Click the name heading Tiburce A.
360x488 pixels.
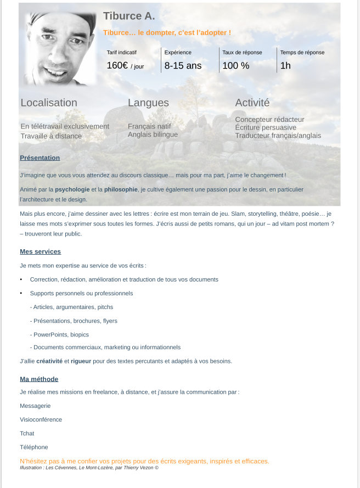(x=129, y=15)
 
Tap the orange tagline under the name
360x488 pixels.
(x=167, y=33)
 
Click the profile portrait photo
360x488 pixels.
(x=60, y=48)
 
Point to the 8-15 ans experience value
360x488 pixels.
(x=183, y=66)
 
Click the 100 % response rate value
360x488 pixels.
(x=236, y=66)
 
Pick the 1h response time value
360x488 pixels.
(x=285, y=66)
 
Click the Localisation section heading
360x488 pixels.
(x=49, y=103)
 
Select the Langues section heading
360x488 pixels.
(x=148, y=103)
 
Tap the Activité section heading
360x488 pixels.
(x=252, y=103)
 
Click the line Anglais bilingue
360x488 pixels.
(x=153, y=134)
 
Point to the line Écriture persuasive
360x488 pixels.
(x=266, y=127)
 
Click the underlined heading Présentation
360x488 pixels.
(x=40, y=158)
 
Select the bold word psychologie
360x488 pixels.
(x=72, y=189)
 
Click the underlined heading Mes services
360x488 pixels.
(x=40, y=252)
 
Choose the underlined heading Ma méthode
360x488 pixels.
(x=39, y=379)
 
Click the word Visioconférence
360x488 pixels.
(x=41, y=420)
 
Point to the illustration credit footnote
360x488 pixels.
(x=89, y=468)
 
